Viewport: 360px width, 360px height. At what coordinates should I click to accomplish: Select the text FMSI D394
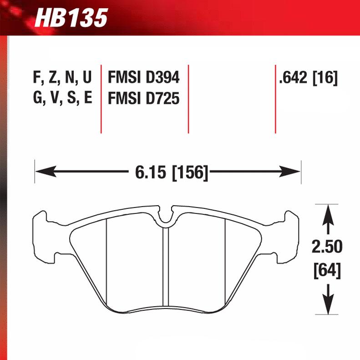coord(143,78)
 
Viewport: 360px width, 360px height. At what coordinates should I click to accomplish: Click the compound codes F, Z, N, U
coord(62,78)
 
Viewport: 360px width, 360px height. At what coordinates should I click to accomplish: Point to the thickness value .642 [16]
coord(308,78)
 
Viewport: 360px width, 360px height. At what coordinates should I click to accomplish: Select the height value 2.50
coord(327,248)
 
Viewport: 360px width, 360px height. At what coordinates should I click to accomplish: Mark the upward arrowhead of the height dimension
coord(327,214)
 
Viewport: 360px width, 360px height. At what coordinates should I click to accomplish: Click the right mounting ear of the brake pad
coord(291,237)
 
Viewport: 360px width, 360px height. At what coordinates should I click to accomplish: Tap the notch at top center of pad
coord(167,217)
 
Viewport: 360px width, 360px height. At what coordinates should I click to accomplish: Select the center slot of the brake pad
coord(166,269)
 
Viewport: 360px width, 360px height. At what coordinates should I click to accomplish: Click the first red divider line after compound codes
coord(101,98)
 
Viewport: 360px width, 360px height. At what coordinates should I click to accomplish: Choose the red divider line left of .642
coord(275,98)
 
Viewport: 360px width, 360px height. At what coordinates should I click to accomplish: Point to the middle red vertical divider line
coord(188,98)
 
